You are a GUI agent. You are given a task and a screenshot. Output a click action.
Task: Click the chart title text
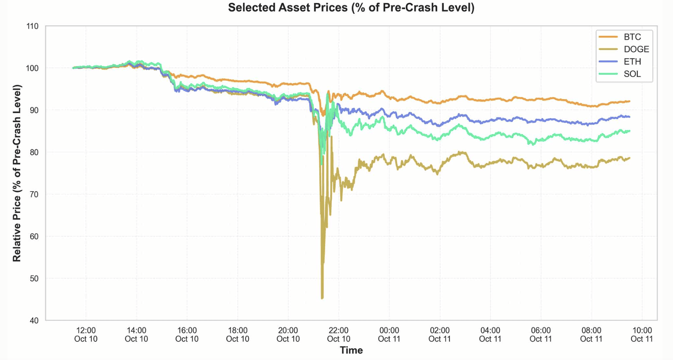click(x=351, y=8)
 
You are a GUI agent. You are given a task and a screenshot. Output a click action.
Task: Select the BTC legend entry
click(x=632, y=37)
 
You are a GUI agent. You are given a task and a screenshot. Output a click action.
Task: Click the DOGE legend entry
click(x=636, y=49)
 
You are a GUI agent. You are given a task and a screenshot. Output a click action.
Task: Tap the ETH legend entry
click(x=632, y=61)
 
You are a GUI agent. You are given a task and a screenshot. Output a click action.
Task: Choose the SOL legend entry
click(x=632, y=74)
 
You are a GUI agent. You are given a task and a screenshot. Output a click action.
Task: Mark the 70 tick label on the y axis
click(x=33, y=194)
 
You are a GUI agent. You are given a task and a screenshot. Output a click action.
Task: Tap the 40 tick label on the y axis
click(x=33, y=320)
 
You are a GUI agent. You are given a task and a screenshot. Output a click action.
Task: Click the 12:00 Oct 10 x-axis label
click(x=86, y=335)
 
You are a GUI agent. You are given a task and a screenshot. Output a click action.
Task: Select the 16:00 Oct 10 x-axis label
click(x=187, y=335)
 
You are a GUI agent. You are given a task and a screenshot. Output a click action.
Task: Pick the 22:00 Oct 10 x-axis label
click(x=339, y=335)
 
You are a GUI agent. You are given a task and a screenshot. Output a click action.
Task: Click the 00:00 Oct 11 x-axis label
click(x=389, y=335)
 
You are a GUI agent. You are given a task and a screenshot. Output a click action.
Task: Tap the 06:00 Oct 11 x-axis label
click(x=541, y=335)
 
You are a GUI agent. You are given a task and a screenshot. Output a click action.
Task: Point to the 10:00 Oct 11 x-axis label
click(x=642, y=335)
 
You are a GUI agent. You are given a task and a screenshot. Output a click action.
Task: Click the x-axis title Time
click(x=351, y=350)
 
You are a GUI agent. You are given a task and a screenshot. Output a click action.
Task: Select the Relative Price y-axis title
click(x=17, y=173)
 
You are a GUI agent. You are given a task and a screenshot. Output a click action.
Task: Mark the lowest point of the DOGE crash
click(x=322, y=298)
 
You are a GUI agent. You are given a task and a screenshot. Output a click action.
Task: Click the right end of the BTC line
click(x=629, y=101)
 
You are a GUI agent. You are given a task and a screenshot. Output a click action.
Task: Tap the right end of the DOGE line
click(x=629, y=158)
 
